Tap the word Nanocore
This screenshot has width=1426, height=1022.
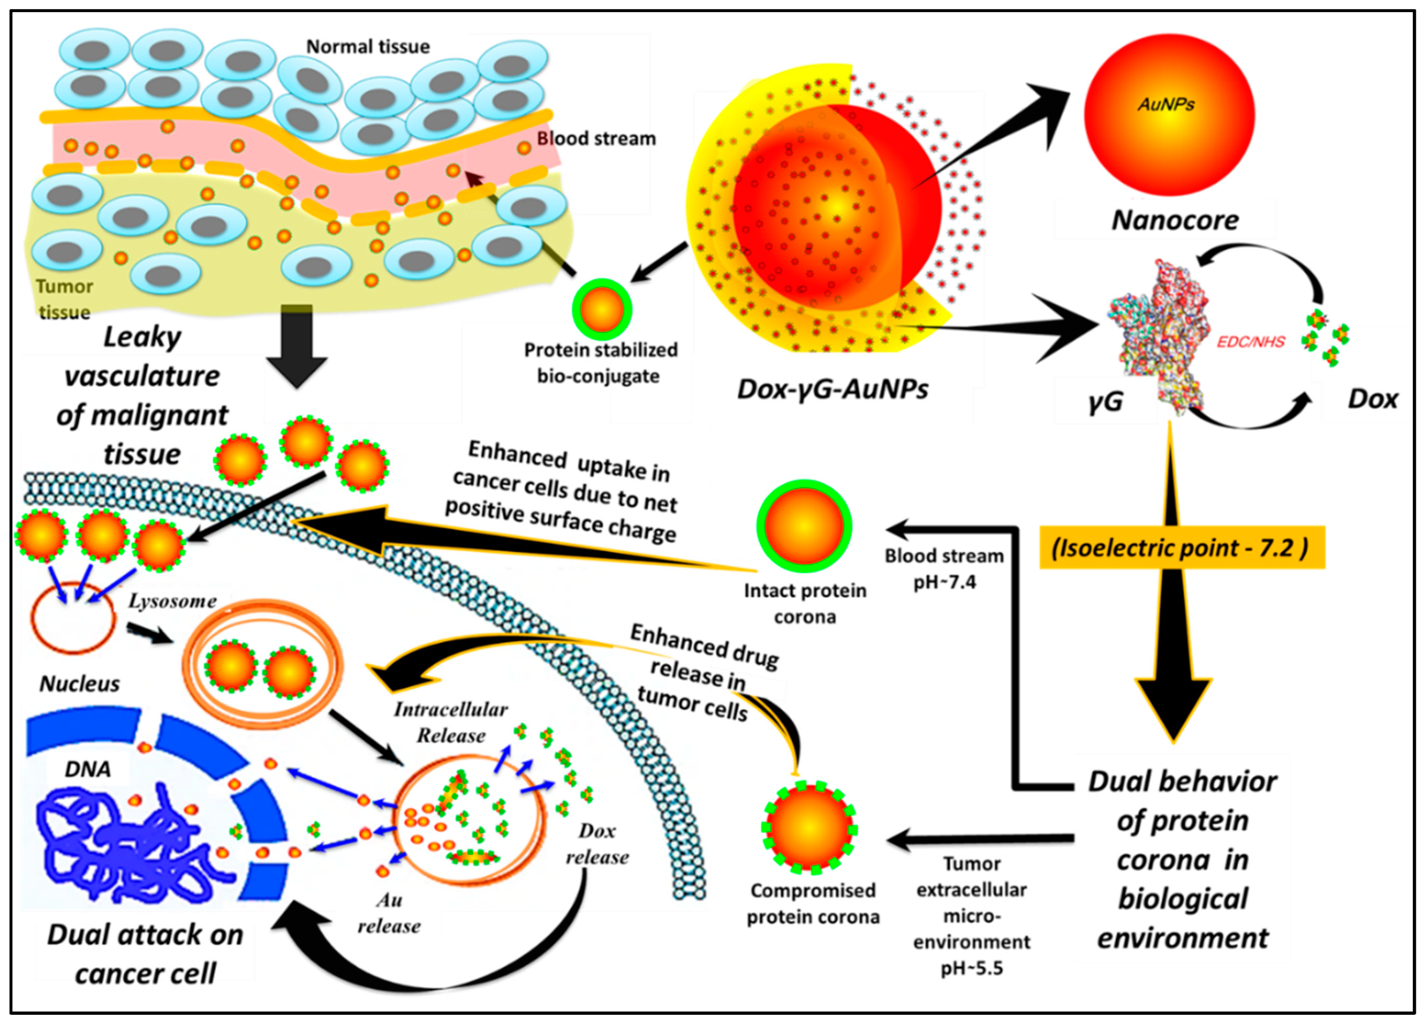click(1174, 220)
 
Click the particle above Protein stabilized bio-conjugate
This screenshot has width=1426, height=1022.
click(602, 309)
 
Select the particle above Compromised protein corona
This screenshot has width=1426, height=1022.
click(809, 828)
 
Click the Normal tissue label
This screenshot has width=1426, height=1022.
click(368, 47)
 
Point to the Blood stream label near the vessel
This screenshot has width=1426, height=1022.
click(596, 138)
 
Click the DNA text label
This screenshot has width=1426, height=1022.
click(88, 769)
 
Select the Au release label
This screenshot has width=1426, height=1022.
click(389, 913)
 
